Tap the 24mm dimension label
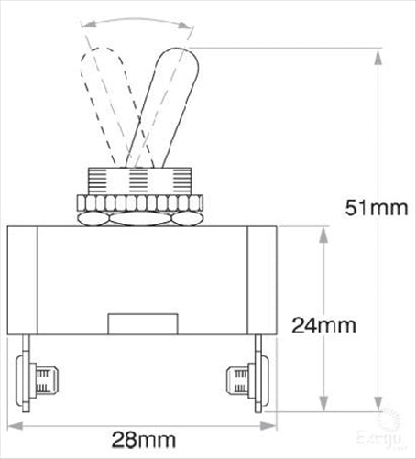[323, 323]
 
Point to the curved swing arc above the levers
[137, 22]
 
